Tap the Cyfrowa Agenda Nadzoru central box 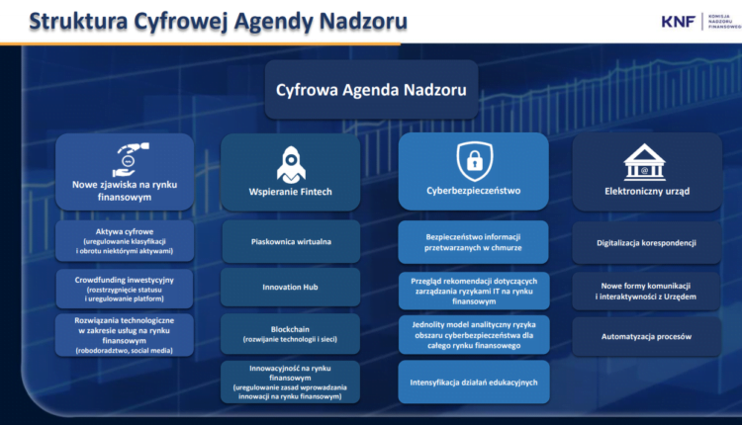click(371, 89)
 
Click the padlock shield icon click(472, 159)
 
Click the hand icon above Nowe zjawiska click(125, 157)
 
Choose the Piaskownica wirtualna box click(290, 241)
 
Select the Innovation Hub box click(290, 287)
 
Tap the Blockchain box click(290, 334)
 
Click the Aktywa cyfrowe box click(125, 239)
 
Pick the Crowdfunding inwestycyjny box click(125, 287)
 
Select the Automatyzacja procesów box click(647, 336)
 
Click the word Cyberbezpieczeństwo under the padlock click(473, 191)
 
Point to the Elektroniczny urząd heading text click(647, 191)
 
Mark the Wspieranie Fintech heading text click(290, 191)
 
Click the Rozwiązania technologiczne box click(125, 335)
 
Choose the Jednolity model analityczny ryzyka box click(473, 334)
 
